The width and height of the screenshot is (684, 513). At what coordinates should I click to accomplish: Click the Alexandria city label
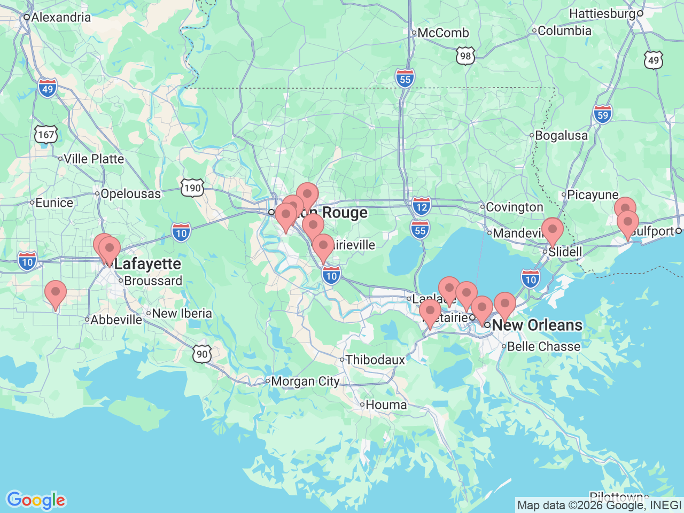[x=60, y=17]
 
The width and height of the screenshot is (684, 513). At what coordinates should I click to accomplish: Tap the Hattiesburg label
[x=603, y=13]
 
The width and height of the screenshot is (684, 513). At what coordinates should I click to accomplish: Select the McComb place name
[x=442, y=33]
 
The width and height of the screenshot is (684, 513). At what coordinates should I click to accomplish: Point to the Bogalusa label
[x=561, y=136]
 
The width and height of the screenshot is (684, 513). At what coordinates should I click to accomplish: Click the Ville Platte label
[x=94, y=159]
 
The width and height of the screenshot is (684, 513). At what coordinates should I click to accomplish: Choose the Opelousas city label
[x=130, y=194]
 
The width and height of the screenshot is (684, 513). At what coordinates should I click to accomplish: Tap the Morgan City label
[x=305, y=382]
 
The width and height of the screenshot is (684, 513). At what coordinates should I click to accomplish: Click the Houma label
[x=386, y=405]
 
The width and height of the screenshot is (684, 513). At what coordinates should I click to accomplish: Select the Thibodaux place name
[x=375, y=360]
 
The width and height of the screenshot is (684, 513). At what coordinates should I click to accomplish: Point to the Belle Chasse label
[x=543, y=346]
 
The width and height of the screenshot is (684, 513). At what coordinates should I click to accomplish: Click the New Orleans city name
[x=537, y=325]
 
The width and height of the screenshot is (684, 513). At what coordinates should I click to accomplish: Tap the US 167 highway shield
[x=46, y=134]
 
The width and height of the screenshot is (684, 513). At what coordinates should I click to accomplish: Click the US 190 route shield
[x=192, y=188]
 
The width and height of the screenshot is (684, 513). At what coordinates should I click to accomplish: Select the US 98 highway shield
[x=465, y=56]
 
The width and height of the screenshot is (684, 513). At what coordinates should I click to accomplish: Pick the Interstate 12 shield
[x=422, y=206]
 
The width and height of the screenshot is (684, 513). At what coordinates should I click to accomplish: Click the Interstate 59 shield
[x=602, y=114]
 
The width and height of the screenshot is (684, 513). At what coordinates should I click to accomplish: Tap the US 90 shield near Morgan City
[x=202, y=354]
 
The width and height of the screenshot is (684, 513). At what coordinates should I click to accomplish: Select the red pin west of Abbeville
[x=56, y=294]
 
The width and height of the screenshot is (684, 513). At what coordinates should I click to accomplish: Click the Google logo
[x=36, y=501]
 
